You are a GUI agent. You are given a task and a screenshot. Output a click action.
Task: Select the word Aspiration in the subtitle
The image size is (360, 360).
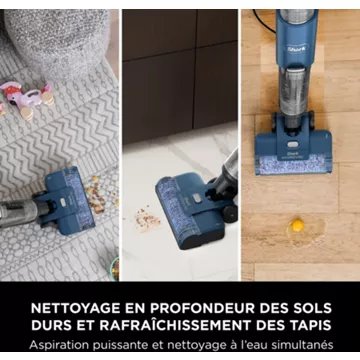pyautogui.click(x=64, y=344)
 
